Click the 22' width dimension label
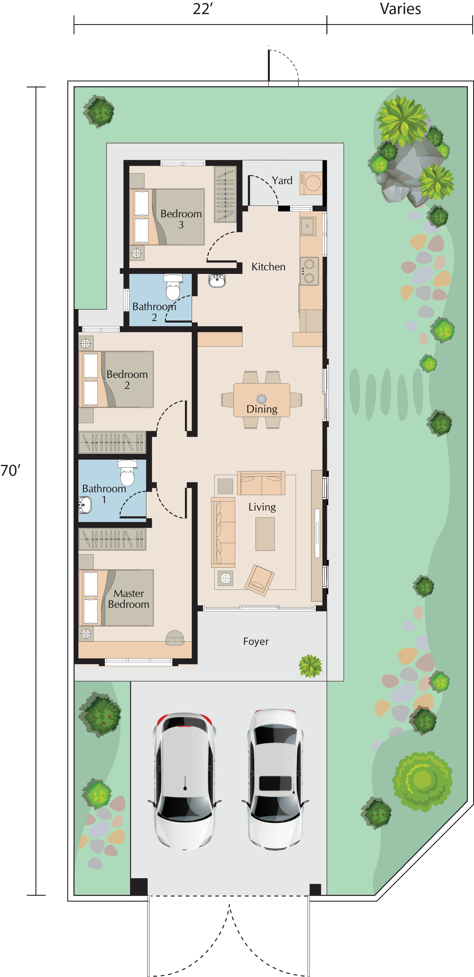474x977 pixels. [203, 9]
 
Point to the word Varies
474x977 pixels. [400, 9]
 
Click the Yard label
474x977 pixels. [282, 181]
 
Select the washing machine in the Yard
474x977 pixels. [311, 183]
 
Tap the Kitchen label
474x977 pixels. [268, 267]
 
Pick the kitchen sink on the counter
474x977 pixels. [307, 227]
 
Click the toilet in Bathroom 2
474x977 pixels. [173, 287]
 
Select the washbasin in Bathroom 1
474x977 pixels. [85, 505]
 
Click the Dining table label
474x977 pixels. [262, 409]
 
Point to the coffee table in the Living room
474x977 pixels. [265, 534]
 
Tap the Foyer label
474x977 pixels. [256, 641]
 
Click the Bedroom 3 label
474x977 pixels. [181, 219]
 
